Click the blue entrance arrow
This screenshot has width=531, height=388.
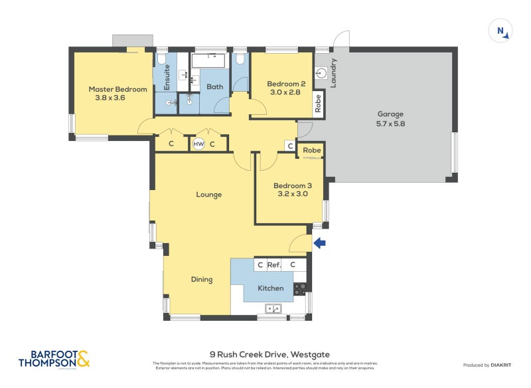(319, 243)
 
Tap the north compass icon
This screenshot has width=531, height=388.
(500, 31)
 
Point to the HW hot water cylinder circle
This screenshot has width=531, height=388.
(198, 144)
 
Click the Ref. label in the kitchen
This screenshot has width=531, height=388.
(274, 265)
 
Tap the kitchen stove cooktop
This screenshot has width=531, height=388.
(300, 289)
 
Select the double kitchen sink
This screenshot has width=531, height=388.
(273, 308)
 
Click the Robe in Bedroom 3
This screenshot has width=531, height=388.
(311, 151)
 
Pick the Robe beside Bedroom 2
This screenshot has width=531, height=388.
(319, 103)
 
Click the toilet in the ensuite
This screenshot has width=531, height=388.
(162, 61)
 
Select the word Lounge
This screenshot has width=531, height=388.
(208, 195)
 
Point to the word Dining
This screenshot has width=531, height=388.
(202, 280)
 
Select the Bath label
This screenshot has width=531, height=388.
(215, 87)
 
